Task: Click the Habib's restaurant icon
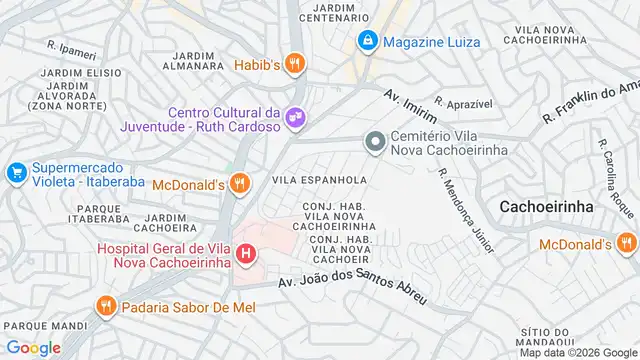(293, 65)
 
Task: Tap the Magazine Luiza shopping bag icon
(368, 41)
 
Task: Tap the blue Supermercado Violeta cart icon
(16, 173)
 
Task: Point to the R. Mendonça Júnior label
(466, 209)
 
